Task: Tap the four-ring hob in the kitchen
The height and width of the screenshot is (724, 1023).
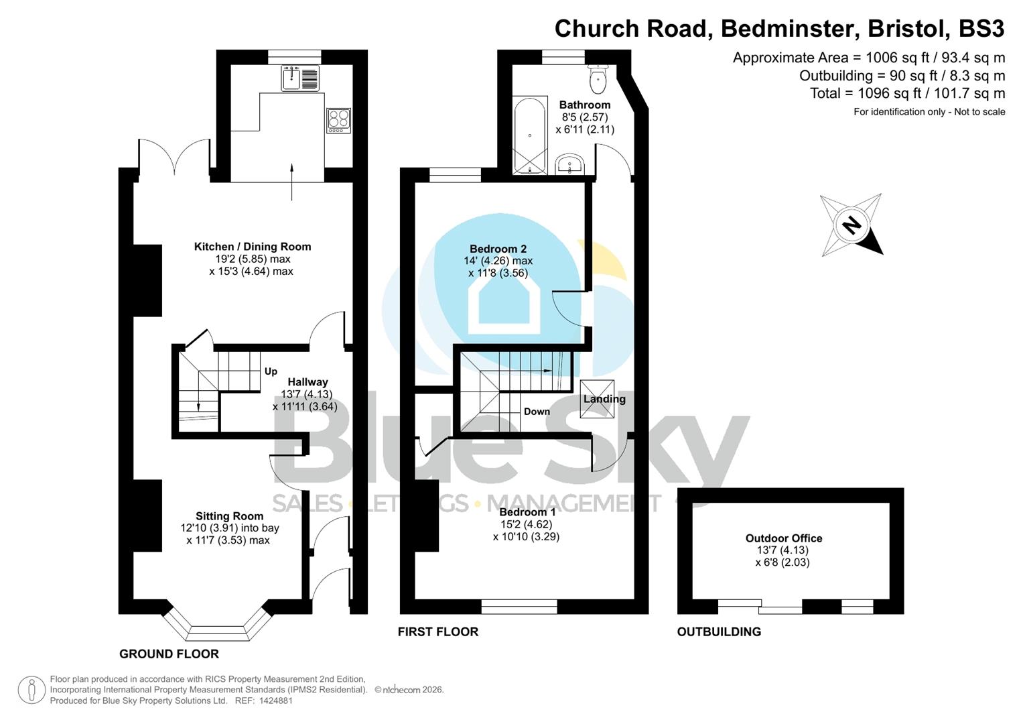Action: pyautogui.click(x=338, y=121)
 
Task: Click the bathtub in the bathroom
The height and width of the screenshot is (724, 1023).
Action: pyautogui.click(x=530, y=136)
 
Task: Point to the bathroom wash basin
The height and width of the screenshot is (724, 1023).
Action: pyautogui.click(x=570, y=164)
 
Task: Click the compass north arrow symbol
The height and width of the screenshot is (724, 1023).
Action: pyautogui.click(x=851, y=225)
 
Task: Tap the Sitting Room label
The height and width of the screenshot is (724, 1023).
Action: pyautogui.click(x=229, y=516)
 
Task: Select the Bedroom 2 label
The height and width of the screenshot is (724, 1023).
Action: pyautogui.click(x=498, y=249)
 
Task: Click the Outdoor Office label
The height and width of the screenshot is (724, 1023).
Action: pyautogui.click(x=783, y=538)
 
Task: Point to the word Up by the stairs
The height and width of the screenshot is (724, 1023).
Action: pyautogui.click(x=271, y=371)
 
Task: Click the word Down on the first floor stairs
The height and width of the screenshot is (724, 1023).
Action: pyautogui.click(x=537, y=412)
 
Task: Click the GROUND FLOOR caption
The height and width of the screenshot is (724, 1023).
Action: pyautogui.click(x=169, y=654)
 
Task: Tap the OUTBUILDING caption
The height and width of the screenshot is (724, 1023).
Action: pyautogui.click(x=719, y=631)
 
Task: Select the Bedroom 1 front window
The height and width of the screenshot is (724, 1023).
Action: pyautogui.click(x=519, y=607)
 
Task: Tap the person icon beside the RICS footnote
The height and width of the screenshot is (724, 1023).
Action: pyautogui.click(x=31, y=690)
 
